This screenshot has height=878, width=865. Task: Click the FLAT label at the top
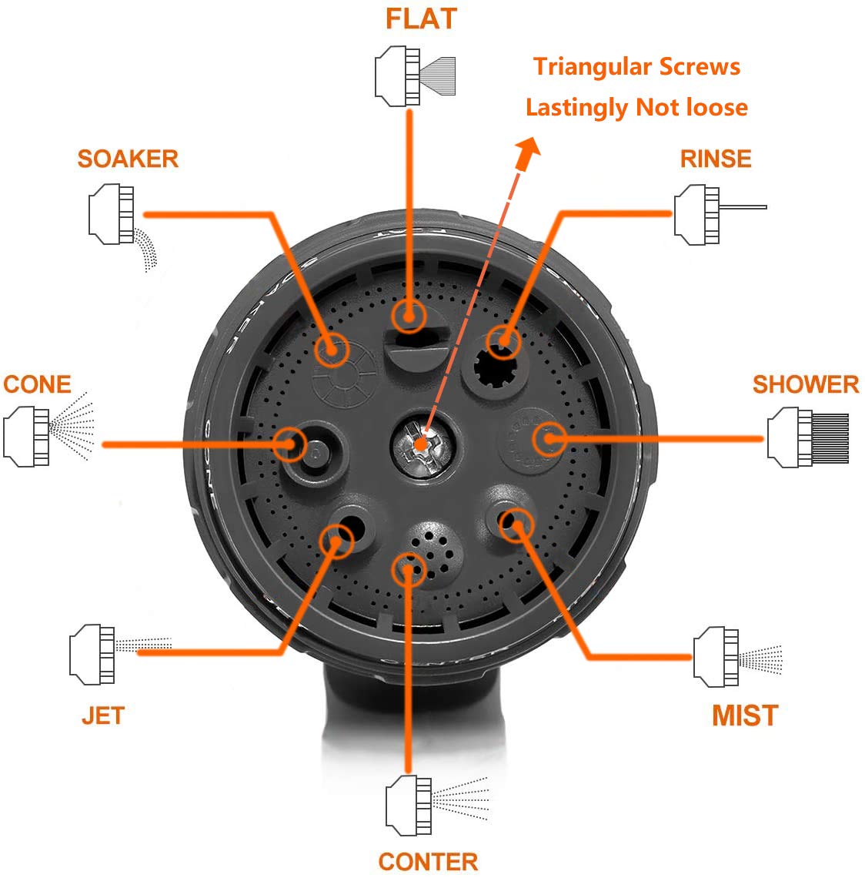[421, 18]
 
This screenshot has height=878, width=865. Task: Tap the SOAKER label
[128, 159]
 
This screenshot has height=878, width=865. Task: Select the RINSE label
[716, 159]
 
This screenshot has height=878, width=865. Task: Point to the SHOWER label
[806, 384]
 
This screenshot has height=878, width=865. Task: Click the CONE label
[38, 384]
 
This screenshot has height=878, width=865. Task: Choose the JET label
[104, 715]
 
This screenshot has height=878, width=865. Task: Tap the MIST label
[745, 715]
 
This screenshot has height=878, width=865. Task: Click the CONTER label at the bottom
[429, 862]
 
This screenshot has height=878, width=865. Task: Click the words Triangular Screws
[636, 67]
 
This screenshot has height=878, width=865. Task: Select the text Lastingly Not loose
[636, 108]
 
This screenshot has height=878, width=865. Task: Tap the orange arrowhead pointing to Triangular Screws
[527, 152]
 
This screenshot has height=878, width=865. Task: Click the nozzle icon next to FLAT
[415, 76]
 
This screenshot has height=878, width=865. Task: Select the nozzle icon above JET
[120, 654]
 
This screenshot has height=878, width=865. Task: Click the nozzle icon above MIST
[737, 657]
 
